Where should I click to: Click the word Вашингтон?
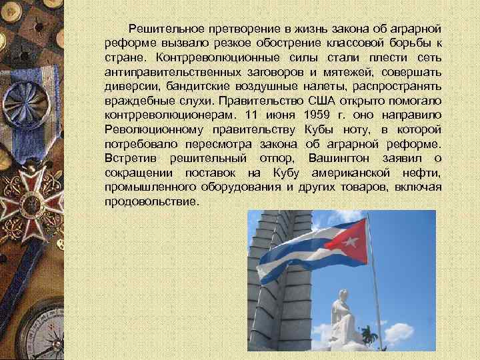pyautogui.click(x=341, y=157)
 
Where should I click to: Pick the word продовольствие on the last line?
pyautogui.click(x=151, y=199)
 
